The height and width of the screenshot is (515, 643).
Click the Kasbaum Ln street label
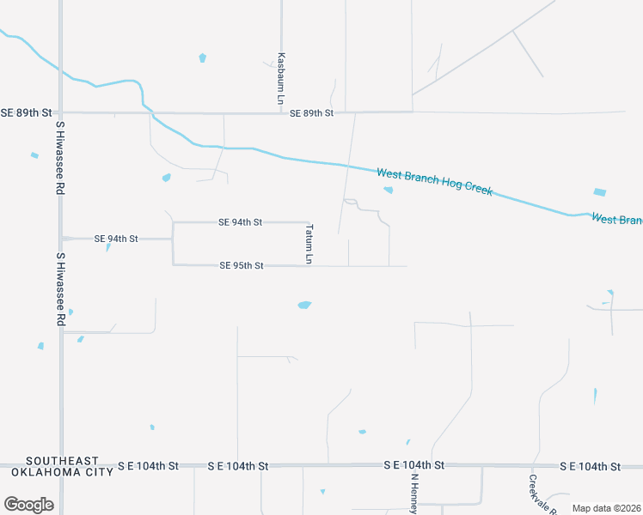point(281,78)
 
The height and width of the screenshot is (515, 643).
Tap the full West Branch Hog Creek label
point(434,181)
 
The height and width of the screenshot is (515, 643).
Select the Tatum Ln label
point(309,244)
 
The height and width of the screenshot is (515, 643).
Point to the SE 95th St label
point(241,266)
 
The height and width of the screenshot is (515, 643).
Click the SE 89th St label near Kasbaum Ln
point(311,113)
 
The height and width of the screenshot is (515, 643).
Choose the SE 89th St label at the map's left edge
point(26,112)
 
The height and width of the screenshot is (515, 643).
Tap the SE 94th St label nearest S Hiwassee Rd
point(116,239)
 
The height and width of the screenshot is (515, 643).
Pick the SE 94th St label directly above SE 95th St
point(241,222)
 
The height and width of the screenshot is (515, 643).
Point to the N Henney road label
point(413,493)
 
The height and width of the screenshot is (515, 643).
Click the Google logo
point(28,505)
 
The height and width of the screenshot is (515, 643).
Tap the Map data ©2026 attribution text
point(606,508)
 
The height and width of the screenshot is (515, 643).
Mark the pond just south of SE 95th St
point(304,305)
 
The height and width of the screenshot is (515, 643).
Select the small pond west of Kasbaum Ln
point(203,58)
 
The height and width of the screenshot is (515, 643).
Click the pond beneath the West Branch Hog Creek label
point(389,191)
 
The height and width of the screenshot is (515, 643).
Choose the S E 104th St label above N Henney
point(414,464)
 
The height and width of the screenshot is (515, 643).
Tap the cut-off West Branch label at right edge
point(616,220)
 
